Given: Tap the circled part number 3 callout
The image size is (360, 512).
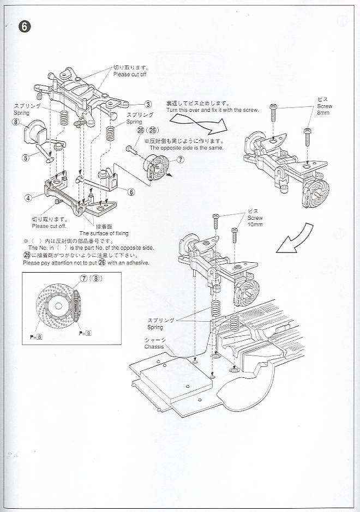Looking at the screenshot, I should (x=148, y=104).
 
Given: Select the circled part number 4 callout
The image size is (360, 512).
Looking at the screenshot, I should (x=27, y=198).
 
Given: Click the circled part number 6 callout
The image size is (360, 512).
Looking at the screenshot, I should (x=131, y=191).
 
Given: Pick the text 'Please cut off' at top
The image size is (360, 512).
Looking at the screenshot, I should (x=130, y=74).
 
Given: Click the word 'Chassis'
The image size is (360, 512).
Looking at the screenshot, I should (x=154, y=346).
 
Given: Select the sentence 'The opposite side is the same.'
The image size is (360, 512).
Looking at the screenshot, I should (x=186, y=148).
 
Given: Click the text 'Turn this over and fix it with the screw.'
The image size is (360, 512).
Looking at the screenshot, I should (x=212, y=110).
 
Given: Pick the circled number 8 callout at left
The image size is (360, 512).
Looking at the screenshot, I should (x=16, y=123).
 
